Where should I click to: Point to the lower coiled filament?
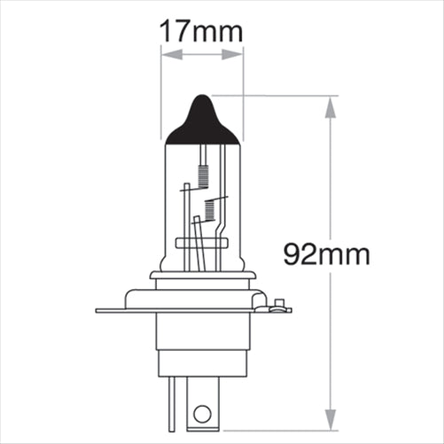click(x=210, y=210)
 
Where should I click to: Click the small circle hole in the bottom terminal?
click(x=203, y=413)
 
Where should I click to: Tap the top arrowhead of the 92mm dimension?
click(x=331, y=107)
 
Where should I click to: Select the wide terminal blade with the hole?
click(x=203, y=403)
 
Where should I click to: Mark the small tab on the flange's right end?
click(x=280, y=307)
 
